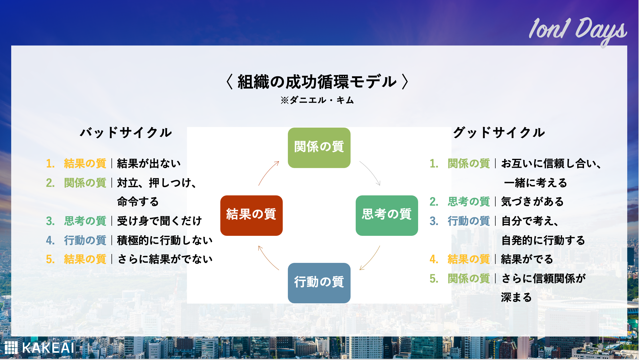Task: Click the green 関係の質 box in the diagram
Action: pos(319,148)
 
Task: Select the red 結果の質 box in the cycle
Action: pos(251,215)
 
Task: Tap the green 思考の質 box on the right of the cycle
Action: pos(387,215)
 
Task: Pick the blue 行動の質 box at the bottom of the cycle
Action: pos(319,283)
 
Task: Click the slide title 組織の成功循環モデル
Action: pos(317,82)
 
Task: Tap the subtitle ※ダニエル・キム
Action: pos(317,100)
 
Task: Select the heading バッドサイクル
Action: pos(126,133)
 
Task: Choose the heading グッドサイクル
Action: pos(499,133)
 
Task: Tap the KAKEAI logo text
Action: pos(48,348)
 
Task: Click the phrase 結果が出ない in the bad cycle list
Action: pos(149,163)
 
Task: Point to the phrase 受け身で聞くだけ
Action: pos(159,221)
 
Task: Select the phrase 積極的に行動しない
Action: pos(165,240)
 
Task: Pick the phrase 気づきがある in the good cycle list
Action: pos(532,202)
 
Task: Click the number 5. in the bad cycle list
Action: pos(50,259)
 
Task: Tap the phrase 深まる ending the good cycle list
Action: pos(516,298)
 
